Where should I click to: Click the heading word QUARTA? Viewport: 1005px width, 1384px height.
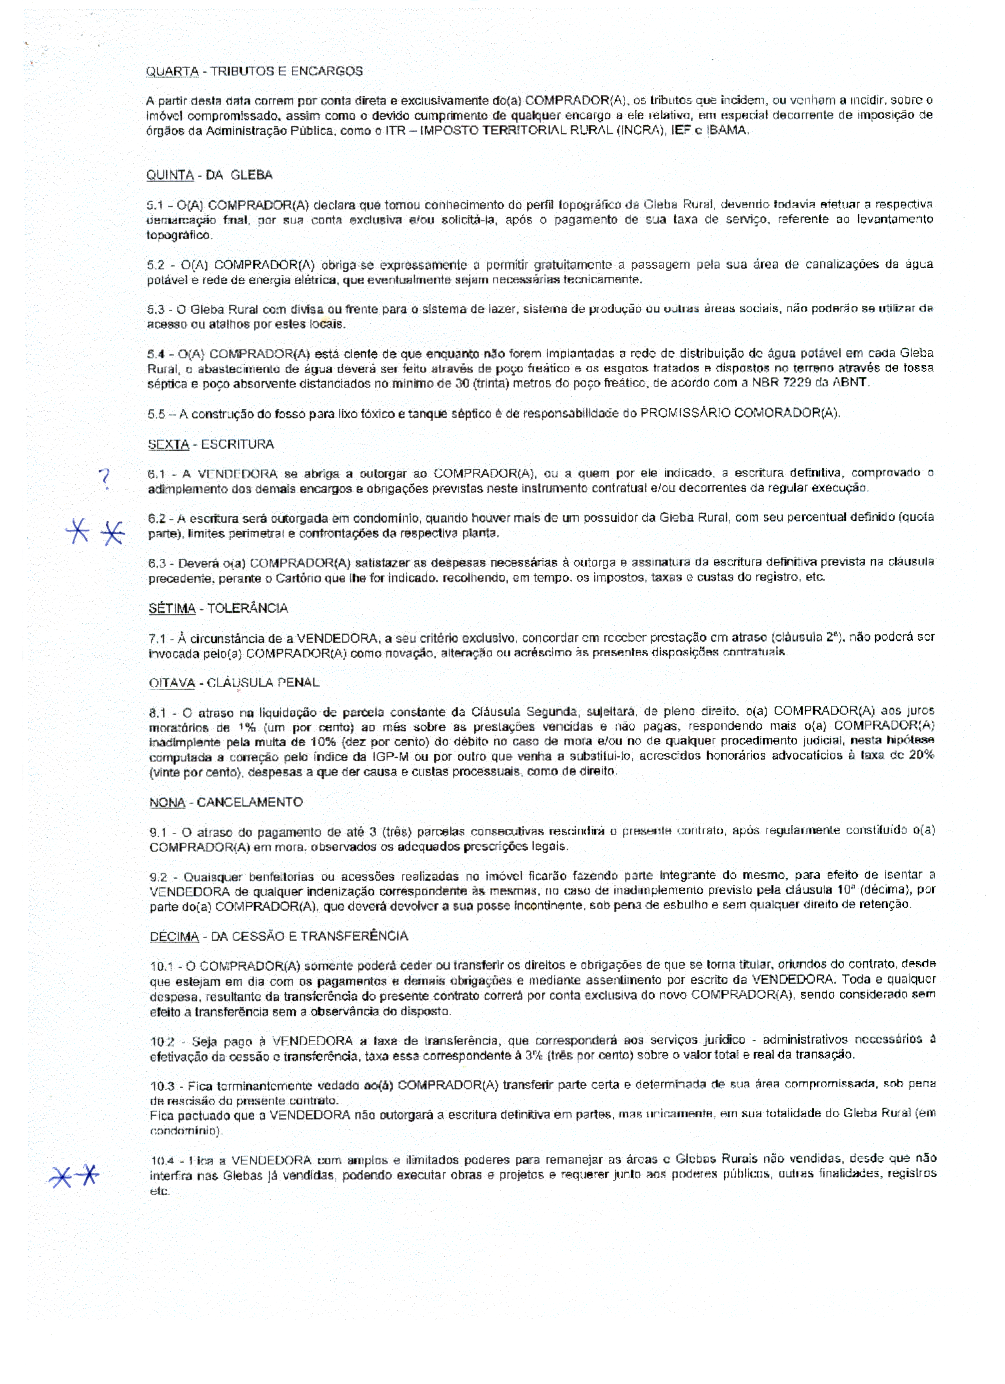coord(172,71)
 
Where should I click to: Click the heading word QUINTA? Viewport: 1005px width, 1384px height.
coord(170,175)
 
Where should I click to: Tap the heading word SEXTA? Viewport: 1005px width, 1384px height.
coord(168,444)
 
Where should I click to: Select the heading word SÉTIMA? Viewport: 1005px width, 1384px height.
coord(172,608)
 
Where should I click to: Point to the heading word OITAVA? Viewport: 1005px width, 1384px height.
coord(172,683)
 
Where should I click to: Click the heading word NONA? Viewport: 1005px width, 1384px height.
coord(167,802)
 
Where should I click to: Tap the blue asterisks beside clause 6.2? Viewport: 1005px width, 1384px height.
coord(95,532)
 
